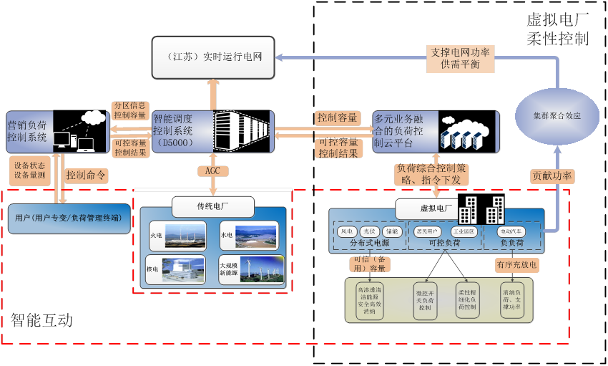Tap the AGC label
[x=212, y=170]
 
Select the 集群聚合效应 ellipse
[x=556, y=115]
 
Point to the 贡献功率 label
[x=552, y=175]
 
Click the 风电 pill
[x=347, y=231]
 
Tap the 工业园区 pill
[x=464, y=231]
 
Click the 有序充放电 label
[x=516, y=264]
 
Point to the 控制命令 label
[x=86, y=174]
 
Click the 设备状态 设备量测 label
[x=29, y=170]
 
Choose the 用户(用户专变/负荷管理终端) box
[x=69, y=218]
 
